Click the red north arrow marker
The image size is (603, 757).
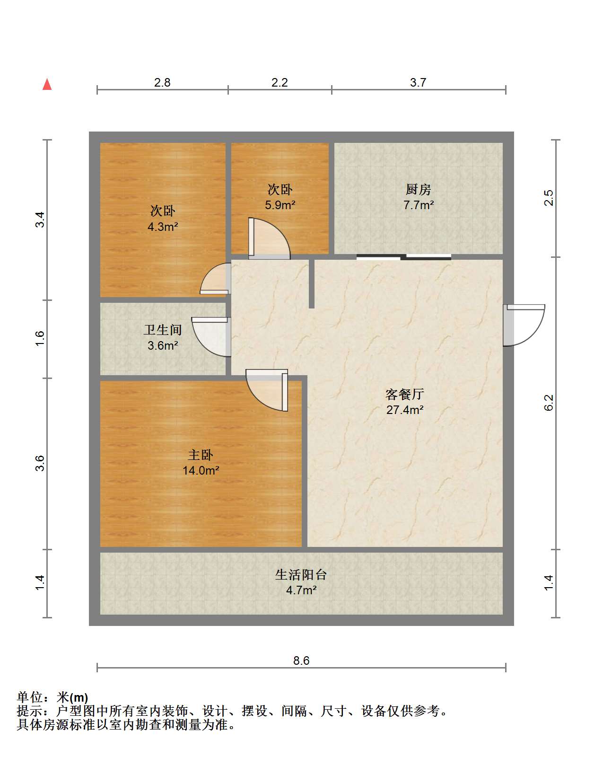47,84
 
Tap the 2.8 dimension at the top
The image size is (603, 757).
162,83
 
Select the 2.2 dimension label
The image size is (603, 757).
280,83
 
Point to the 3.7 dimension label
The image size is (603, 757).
418,83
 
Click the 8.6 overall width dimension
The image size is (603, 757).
301,660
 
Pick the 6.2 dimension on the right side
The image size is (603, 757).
549,403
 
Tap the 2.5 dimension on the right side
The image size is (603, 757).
549,198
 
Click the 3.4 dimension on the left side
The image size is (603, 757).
40,220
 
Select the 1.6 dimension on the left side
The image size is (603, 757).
40,339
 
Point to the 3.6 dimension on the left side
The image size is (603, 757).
40,463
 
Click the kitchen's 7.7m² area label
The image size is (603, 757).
419,205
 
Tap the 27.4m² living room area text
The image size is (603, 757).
405,410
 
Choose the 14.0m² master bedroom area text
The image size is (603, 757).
201,470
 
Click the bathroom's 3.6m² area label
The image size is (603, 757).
162,345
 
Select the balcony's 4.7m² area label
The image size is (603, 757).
301,590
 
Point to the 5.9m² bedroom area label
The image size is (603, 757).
280,205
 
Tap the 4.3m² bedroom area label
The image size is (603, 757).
162,227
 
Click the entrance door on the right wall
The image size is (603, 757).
524,325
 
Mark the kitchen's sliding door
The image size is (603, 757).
403,257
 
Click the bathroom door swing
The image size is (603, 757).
211,337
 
